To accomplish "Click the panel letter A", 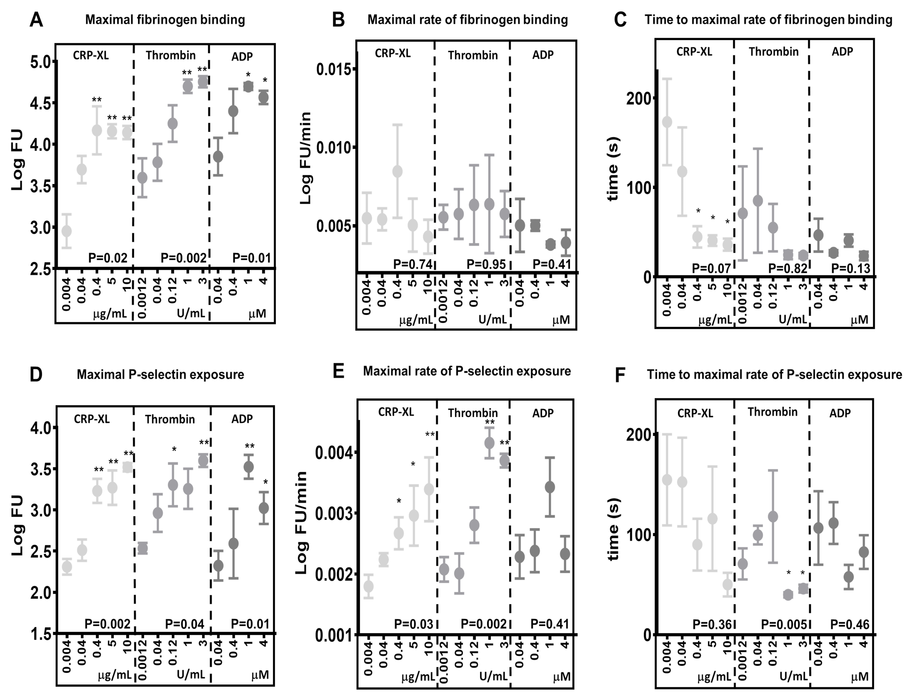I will [36, 19].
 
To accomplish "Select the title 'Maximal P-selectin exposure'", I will [160, 375].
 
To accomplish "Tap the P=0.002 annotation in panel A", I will [183, 258].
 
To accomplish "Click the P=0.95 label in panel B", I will [486, 264].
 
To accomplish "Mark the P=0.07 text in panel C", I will [711, 268].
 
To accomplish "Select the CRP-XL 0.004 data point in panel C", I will [667, 123].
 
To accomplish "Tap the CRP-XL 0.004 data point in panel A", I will [66, 231].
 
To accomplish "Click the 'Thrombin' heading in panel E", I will [473, 413].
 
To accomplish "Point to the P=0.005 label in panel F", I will [783, 624].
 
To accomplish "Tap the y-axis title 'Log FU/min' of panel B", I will [305, 158].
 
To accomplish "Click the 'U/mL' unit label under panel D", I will [191, 674].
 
